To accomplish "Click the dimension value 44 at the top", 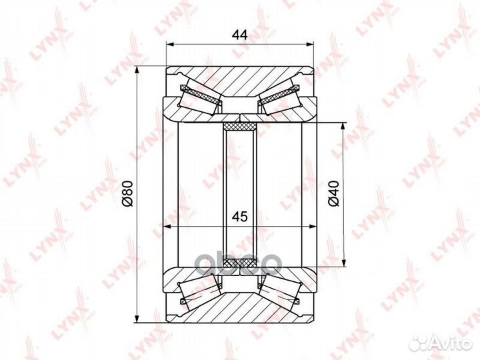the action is [239, 35].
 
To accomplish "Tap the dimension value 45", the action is [239, 217].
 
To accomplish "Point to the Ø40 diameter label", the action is [334, 193].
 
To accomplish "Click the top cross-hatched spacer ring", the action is [240, 126].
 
